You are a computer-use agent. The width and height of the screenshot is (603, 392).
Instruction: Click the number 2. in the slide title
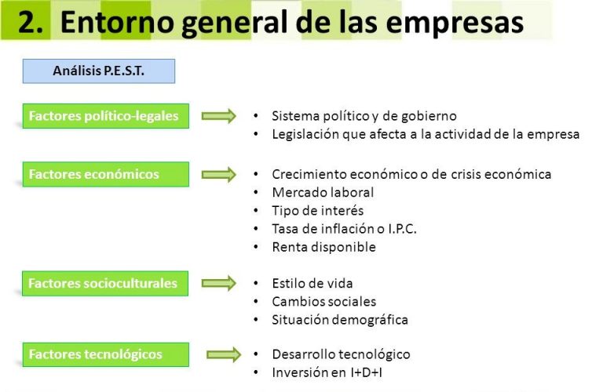click(x=31, y=22)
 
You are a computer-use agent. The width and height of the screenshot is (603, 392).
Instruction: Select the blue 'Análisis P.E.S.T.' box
click(x=99, y=71)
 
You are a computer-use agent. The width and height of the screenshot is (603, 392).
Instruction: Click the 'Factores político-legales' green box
click(x=106, y=116)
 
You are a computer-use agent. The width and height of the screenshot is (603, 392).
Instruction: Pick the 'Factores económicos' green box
click(x=106, y=174)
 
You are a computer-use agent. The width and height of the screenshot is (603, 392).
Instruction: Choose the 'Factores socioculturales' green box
click(x=105, y=283)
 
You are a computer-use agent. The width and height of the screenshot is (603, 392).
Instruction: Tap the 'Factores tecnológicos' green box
click(x=106, y=354)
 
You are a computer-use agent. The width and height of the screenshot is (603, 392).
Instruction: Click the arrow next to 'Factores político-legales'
click(x=219, y=116)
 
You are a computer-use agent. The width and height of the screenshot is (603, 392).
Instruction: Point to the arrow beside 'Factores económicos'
click(x=219, y=175)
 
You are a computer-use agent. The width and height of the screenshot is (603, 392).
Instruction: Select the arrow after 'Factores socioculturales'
click(x=219, y=283)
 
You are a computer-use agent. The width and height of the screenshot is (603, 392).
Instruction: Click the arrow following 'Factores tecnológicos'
click(x=224, y=354)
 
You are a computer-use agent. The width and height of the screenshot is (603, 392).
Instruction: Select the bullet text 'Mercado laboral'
click(x=323, y=192)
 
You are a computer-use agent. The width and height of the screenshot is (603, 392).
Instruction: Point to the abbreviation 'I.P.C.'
click(x=402, y=229)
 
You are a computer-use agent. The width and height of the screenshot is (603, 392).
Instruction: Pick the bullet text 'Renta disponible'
click(x=323, y=247)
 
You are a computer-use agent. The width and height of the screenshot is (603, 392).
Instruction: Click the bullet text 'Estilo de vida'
click(x=312, y=283)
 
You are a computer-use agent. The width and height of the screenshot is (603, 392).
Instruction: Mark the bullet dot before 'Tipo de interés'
click(x=256, y=211)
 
